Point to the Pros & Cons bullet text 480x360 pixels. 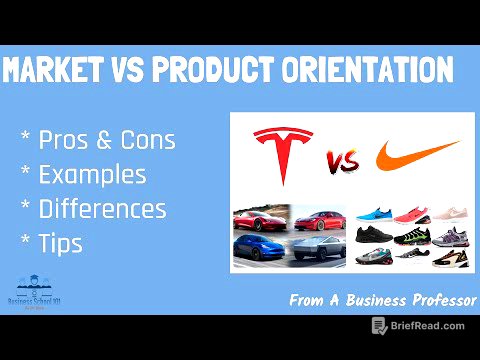click(x=106, y=140)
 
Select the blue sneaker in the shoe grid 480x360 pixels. click(x=374, y=214)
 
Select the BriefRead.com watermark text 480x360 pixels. click(x=428, y=326)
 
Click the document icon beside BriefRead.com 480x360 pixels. click(x=379, y=326)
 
